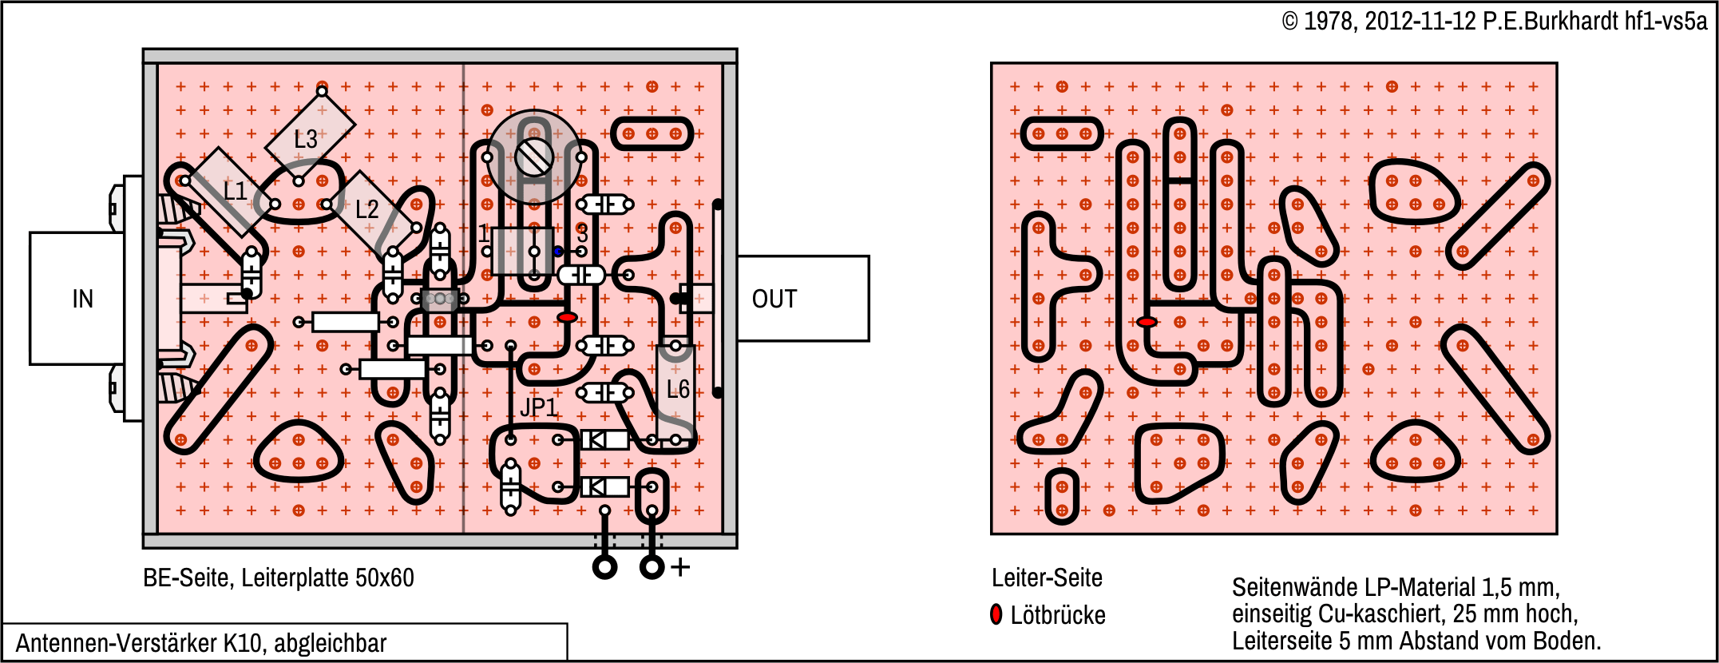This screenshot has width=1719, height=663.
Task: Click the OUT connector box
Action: pos(802,299)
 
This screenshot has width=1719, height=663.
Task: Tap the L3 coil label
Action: pos(305,140)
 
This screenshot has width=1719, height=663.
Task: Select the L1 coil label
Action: pos(235,191)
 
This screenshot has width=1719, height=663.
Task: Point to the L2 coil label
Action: pos(366,209)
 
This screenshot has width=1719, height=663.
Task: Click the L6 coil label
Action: pos(678,390)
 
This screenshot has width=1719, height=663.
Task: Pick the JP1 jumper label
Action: pos(539,407)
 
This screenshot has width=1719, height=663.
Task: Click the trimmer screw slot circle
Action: pos(534,157)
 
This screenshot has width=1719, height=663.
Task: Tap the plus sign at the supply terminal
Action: pos(680,567)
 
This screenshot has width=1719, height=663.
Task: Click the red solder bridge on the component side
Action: pos(567,318)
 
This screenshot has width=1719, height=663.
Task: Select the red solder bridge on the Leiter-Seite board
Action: pos(1147,322)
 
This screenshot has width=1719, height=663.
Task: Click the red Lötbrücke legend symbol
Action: pos(996,614)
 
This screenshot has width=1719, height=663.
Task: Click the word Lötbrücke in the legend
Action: pos(1058,615)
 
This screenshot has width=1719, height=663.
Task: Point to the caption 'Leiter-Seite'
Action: pos(1047,578)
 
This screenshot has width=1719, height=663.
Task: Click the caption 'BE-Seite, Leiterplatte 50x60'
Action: pos(278,578)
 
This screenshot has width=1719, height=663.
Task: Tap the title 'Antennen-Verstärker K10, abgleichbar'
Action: pos(201,643)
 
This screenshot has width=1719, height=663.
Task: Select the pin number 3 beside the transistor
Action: pos(582,234)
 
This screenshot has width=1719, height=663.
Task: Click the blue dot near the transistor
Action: pos(558,252)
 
